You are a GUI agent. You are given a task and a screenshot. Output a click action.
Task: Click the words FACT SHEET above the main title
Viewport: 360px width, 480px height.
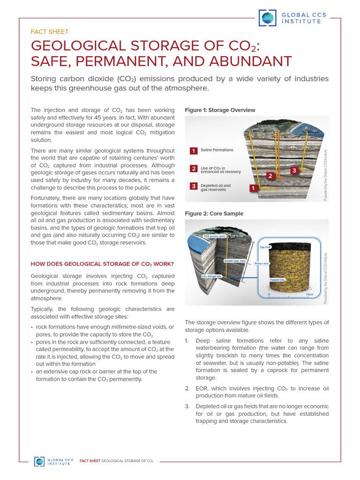point(49,32)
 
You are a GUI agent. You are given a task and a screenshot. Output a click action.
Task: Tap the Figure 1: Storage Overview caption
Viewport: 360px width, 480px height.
point(220,110)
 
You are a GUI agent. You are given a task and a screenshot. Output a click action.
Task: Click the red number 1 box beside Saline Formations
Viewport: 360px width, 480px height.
point(193,150)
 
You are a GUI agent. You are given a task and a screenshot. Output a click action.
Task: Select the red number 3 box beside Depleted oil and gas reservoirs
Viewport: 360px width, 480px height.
point(193,186)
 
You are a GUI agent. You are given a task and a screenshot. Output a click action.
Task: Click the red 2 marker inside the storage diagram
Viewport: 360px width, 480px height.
point(270,176)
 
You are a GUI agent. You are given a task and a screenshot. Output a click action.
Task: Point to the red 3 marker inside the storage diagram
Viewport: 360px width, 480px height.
point(293,170)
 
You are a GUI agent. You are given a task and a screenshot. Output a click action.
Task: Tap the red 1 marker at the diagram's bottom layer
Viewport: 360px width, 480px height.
point(253,188)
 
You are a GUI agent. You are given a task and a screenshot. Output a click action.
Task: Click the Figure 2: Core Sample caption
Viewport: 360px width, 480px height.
point(214,214)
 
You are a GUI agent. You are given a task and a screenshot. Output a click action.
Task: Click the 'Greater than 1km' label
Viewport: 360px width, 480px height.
point(234,260)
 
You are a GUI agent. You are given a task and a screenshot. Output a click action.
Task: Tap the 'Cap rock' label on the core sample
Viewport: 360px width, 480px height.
point(265,247)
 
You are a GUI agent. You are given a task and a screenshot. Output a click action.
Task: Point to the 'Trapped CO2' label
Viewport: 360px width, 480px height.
point(277,280)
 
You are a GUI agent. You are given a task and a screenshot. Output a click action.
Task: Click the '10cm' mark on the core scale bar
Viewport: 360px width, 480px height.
point(309,294)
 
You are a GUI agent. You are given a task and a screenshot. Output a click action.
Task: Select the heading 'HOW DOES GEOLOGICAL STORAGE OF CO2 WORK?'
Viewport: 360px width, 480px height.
point(102,264)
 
